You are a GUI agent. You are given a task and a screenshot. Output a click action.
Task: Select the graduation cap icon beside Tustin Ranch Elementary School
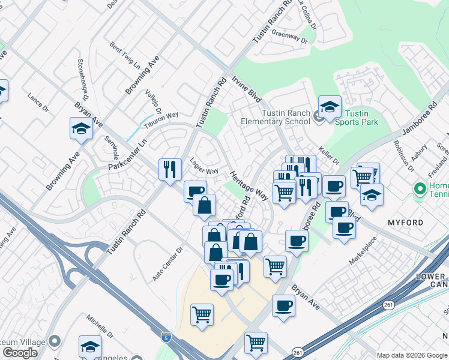[330, 107]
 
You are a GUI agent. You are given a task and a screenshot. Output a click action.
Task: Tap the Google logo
[20, 353]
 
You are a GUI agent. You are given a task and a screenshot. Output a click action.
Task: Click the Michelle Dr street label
[100, 325]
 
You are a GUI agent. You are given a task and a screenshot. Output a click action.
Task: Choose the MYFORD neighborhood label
[405, 223]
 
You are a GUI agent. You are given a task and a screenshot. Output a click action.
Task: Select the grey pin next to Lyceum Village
[55, 341]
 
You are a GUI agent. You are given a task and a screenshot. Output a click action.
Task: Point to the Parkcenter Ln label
[127, 155]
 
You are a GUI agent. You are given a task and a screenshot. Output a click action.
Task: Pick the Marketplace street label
[364, 250]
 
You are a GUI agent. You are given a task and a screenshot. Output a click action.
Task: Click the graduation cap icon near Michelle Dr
[90, 346]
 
